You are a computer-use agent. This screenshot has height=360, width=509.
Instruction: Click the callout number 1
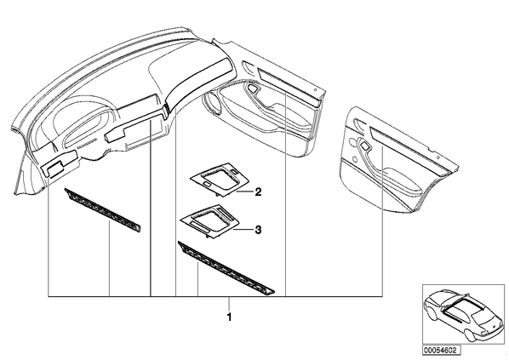[x=230, y=317]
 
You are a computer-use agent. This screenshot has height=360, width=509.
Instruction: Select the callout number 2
[x=258, y=191]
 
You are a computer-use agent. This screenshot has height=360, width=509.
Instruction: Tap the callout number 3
[x=258, y=230]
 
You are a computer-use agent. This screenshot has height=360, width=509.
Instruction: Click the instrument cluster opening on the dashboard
[x=87, y=128]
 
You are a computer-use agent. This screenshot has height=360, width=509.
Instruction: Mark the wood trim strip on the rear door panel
[x=409, y=150]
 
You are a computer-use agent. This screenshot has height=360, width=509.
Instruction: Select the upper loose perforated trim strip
[x=103, y=211]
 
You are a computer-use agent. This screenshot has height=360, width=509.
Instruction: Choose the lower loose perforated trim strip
[x=226, y=268]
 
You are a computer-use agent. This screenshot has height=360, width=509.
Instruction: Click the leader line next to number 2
[x=244, y=191]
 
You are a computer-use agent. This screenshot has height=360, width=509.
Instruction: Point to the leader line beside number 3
[x=243, y=230]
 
